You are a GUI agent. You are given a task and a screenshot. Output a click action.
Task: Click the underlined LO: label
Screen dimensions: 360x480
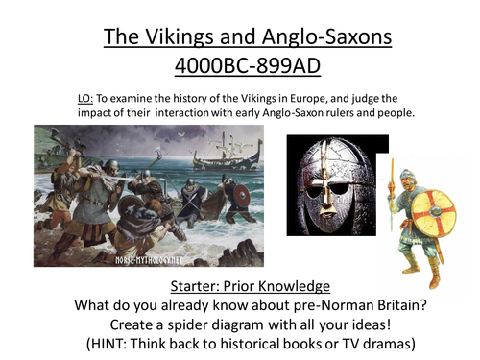click(x=86, y=97)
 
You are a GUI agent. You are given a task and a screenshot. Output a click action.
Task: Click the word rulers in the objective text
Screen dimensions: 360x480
click(x=322, y=112)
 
